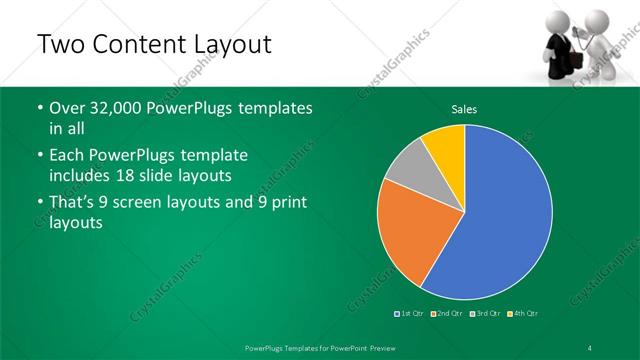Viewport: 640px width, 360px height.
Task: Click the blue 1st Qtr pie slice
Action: point(500,220)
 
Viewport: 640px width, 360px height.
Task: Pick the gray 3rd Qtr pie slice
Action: point(408,176)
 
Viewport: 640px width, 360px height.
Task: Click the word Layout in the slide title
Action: point(227,46)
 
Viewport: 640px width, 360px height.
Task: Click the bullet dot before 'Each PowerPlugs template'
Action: point(39,156)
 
